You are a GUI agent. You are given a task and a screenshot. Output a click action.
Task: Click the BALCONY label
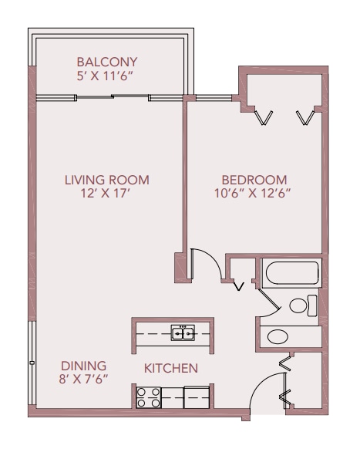click(x=107, y=62)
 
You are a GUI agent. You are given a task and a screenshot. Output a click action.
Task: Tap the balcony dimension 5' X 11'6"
click(x=106, y=76)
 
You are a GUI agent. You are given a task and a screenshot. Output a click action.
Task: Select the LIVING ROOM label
click(x=106, y=180)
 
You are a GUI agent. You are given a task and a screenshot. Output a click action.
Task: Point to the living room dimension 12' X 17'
click(x=106, y=194)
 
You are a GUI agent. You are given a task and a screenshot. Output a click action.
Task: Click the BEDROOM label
click(x=254, y=180)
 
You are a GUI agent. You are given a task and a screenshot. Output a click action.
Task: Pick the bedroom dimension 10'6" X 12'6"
click(x=252, y=194)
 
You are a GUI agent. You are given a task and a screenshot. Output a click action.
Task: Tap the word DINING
click(x=83, y=366)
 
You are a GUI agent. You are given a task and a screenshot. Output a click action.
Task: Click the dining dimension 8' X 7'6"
click(x=83, y=380)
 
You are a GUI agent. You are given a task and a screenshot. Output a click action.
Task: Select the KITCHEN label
click(x=171, y=369)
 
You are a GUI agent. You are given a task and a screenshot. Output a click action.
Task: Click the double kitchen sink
click(x=183, y=333)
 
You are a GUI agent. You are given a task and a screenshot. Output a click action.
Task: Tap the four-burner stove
click(x=149, y=397)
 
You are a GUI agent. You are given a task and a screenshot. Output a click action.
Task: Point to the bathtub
click(x=292, y=273)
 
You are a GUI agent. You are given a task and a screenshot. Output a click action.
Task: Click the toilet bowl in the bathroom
click(x=298, y=306)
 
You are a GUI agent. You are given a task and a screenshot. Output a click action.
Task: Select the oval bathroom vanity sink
click(x=278, y=336)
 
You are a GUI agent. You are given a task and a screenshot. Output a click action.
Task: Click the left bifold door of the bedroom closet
click(x=264, y=117)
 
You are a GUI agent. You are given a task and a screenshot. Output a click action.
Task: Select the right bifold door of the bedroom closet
click(x=305, y=117)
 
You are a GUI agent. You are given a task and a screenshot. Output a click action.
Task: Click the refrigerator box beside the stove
click(x=197, y=397)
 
